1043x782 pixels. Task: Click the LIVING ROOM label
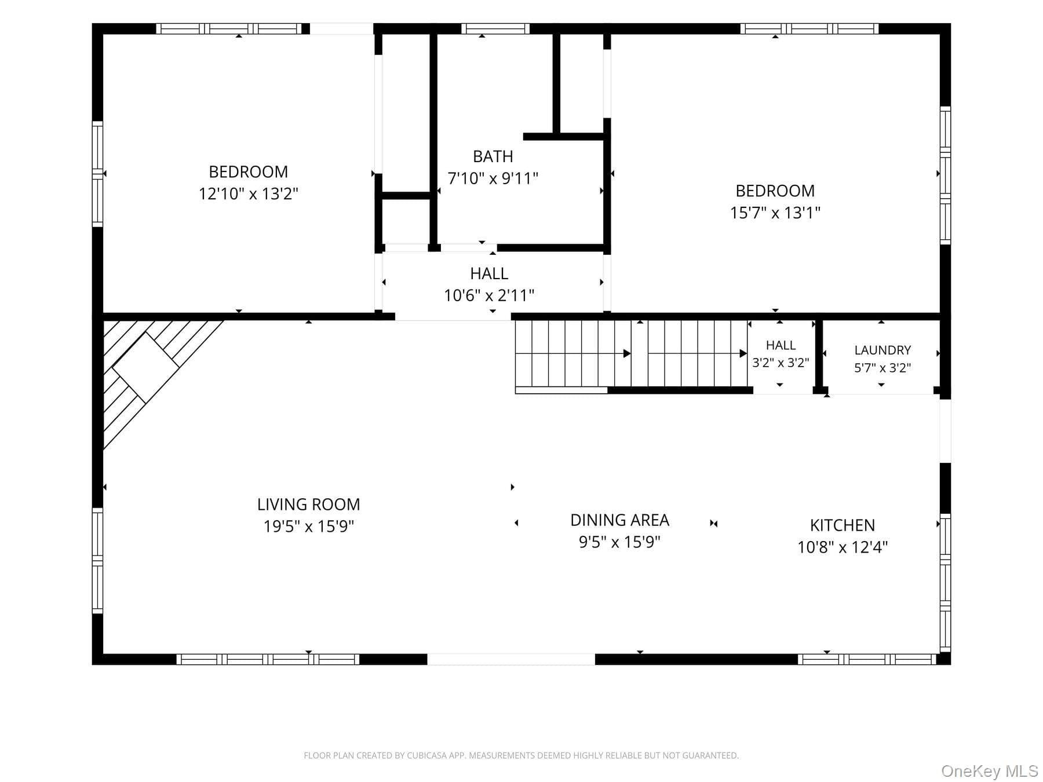(x=309, y=505)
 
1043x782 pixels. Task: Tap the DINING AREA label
(x=620, y=520)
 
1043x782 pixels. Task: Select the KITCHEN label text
(x=843, y=525)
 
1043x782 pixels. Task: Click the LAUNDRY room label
(x=882, y=350)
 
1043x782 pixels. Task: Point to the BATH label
(x=493, y=156)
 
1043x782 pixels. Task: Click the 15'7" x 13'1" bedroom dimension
(x=775, y=213)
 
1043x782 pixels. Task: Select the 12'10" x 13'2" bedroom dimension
(x=249, y=193)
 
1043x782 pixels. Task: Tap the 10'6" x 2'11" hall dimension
(x=489, y=295)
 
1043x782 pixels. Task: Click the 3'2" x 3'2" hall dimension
(x=781, y=363)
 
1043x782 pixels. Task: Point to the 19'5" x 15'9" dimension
(x=309, y=527)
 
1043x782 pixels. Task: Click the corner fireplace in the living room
(x=145, y=368)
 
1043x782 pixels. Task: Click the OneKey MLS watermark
(x=990, y=771)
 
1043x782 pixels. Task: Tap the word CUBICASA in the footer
(x=430, y=755)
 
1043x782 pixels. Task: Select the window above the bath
(x=495, y=28)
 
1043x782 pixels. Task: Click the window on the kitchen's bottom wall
(x=867, y=659)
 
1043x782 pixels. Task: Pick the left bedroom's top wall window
(x=229, y=28)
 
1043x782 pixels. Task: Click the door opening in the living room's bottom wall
(x=511, y=659)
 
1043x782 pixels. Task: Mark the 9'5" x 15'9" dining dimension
(x=620, y=542)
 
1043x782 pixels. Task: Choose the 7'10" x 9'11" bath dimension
(x=493, y=178)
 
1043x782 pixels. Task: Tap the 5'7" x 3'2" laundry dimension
(x=882, y=368)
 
